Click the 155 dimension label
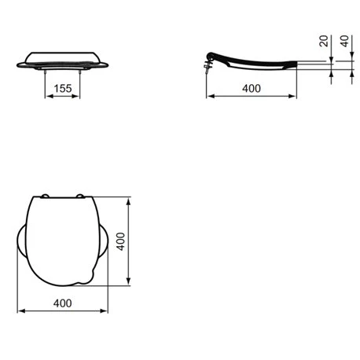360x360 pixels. [x=63, y=88]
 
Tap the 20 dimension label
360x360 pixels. [x=324, y=41]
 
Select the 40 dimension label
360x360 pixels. [x=344, y=41]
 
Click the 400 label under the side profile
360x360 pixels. [x=252, y=88]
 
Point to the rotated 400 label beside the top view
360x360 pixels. [x=120, y=241]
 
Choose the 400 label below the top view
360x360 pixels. [x=62, y=303]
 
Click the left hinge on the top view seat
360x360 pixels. [x=45, y=196]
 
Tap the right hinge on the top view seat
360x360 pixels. [x=79, y=196]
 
